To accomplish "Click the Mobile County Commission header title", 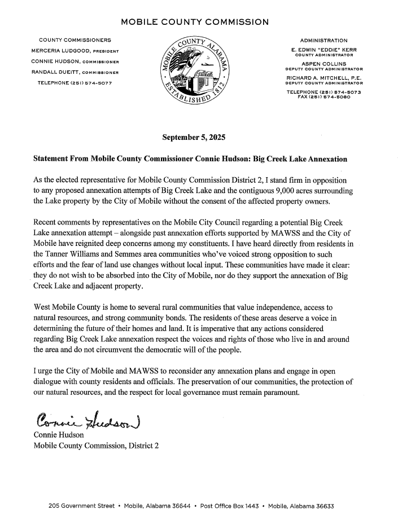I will point(195,23).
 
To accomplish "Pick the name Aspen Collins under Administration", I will point(323,64).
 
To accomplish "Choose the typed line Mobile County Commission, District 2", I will point(97,446).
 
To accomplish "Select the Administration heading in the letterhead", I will point(323,41).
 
